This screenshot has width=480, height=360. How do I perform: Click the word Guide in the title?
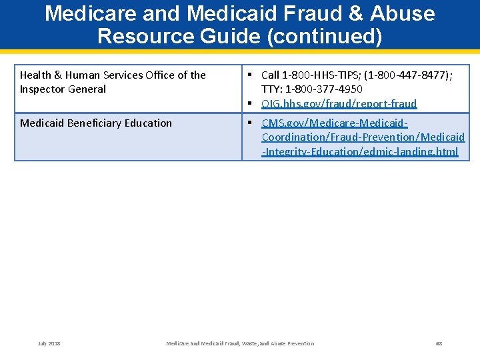pyautogui.click(x=227, y=36)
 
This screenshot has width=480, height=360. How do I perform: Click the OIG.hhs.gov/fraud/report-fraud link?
pyautogui.click(x=339, y=103)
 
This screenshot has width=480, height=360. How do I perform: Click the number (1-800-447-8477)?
pyautogui.click(x=407, y=75)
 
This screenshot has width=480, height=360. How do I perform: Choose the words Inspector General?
pyautogui.click(x=63, y=89)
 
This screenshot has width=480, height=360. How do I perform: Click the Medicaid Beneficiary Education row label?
pyautogui.click(x=96, y=123)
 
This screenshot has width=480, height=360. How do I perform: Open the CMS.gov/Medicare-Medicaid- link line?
pyautogui.click(x=335, y=123)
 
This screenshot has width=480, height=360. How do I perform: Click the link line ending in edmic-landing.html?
pyautogui.click(x=360, y=151)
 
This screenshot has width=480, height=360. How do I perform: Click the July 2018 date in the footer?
pyautogui.click(x=49, y=343)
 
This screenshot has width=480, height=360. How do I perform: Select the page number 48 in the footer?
pyautogui.click(x=439, y=343)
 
